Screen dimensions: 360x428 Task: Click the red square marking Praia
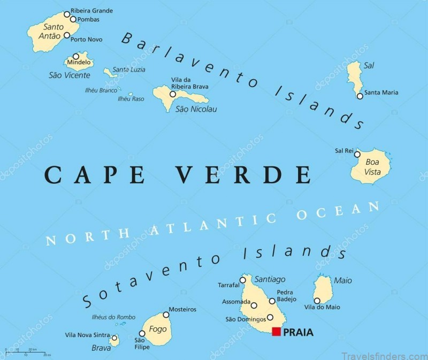(x=276, y=332)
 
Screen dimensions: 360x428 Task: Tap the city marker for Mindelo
(x=76, y=56)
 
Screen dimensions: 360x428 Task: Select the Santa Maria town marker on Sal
(x=360, y=96)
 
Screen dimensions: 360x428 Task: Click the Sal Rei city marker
(x=358, y=151)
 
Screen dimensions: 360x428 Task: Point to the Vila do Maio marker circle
(x=317, y=301)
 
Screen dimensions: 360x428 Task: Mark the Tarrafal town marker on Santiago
(x=243, y=280)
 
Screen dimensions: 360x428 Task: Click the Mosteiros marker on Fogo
(x=166, y=315)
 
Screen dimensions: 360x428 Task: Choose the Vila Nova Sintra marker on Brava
(x=114, y=338)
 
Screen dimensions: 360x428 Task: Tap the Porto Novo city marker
(x=67, y=35)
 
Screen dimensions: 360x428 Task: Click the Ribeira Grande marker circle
(x=67, y=14)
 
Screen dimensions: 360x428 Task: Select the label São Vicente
(x=70, y=75)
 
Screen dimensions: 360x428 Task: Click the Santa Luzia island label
(x=129, y=70)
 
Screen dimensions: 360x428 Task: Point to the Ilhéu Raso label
(x=131, y=99)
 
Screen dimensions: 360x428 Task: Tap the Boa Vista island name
(x=372, y=166)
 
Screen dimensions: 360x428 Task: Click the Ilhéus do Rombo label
(x=112, y=317)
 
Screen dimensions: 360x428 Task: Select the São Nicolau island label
(x=196, y=109)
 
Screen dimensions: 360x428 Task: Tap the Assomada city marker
(x=254, y=305)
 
